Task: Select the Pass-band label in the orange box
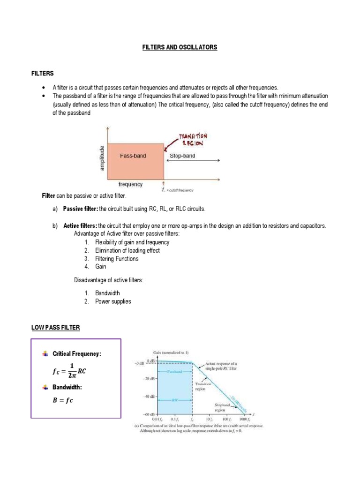click(133, 156)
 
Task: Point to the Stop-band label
click(182, 156)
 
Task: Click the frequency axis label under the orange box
click(130, 185)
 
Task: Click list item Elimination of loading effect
click(127, 251)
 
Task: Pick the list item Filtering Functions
click(117, 259)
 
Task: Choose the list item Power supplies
click(113, 302)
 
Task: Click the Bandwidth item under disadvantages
click(107, 293)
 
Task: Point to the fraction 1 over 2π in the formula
click(71, 371)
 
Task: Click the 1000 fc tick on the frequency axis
click(245, 419)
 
